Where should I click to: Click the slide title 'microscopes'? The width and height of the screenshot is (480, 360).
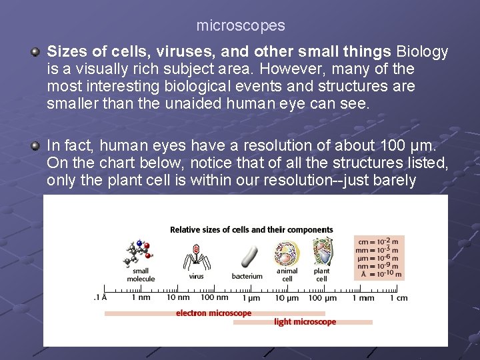point(240,26)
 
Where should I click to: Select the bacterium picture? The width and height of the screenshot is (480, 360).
point(248,257)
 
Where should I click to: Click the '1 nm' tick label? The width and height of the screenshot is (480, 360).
point(141,298)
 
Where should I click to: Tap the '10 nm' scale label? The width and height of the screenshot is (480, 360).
point(178,298)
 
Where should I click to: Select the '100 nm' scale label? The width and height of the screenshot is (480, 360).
point(215,298)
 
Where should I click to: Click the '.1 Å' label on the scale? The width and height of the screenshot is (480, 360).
point(100,298)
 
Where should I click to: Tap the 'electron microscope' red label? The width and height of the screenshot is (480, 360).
point(213,313)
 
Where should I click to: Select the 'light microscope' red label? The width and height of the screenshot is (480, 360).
point(305,322)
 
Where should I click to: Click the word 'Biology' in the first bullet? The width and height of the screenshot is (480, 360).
point(422,51)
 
